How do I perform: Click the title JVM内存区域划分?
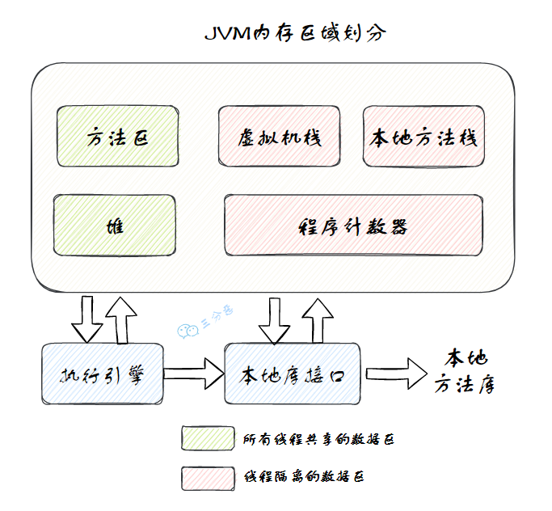point(294,34)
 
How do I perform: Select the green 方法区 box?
point(116,137)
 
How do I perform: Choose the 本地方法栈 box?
point(423,137)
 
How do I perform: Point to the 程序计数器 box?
point(353,225)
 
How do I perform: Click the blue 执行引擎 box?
point(102,375)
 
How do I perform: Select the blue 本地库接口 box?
point(293,374)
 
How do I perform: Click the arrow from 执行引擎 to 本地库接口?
point(194,374)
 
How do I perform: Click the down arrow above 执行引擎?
point(87,319)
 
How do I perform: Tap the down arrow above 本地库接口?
point(274,319)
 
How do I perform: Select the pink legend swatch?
point(206,477)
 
